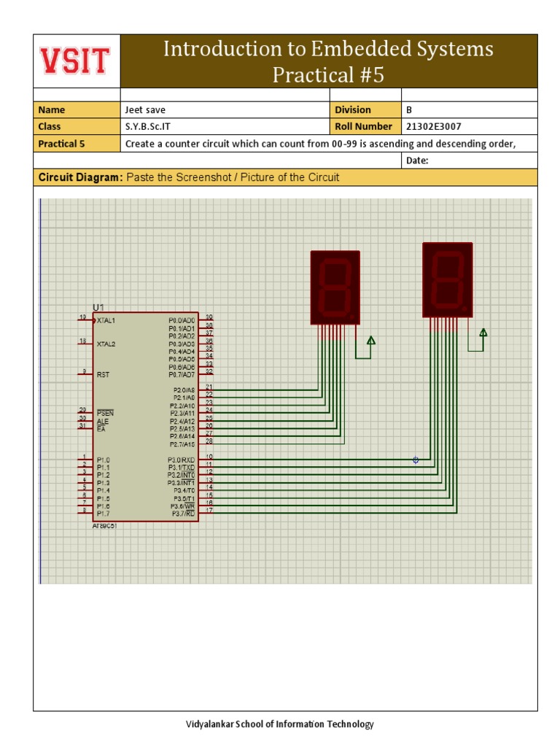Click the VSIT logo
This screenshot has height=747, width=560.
click(76, 61)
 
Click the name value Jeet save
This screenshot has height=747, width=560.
click(145, 110)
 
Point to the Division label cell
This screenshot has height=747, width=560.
click(353, 110)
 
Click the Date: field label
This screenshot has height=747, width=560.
click(417, 160)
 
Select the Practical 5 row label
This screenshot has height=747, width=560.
click(61, 144)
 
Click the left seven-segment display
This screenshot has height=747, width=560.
click(335, 287)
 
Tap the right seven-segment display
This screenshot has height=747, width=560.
click(448, 279)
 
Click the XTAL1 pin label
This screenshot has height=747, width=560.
click(106, 320)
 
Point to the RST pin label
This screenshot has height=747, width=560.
click(103, 374)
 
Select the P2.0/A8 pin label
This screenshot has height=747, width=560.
click(182, 390)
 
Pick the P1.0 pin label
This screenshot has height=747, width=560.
click(104, 460)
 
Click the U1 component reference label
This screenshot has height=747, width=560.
click(98, 307)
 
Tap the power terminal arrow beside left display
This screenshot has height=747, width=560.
click(370, 341)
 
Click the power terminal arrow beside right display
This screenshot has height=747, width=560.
click(483, 333)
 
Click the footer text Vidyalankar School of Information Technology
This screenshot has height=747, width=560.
click(279, 724)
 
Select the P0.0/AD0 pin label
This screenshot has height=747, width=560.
click(182, 320)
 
